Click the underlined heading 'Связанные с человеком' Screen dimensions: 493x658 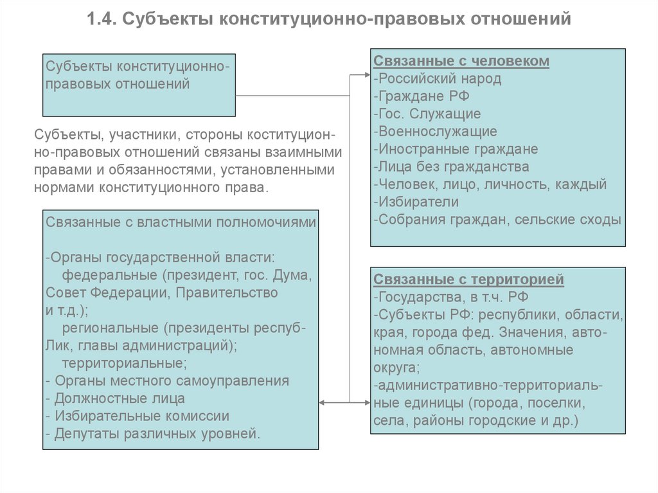(461, 61)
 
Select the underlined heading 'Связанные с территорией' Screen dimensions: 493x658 (468, 280)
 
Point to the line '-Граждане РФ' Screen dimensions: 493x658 (422, 96)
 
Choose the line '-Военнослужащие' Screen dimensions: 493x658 (434, 132)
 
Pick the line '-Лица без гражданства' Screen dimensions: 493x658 (450, 166)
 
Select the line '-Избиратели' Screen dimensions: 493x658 (415, 202)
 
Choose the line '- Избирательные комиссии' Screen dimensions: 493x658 (138, 415)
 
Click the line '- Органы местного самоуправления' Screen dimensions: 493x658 (167, 381)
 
